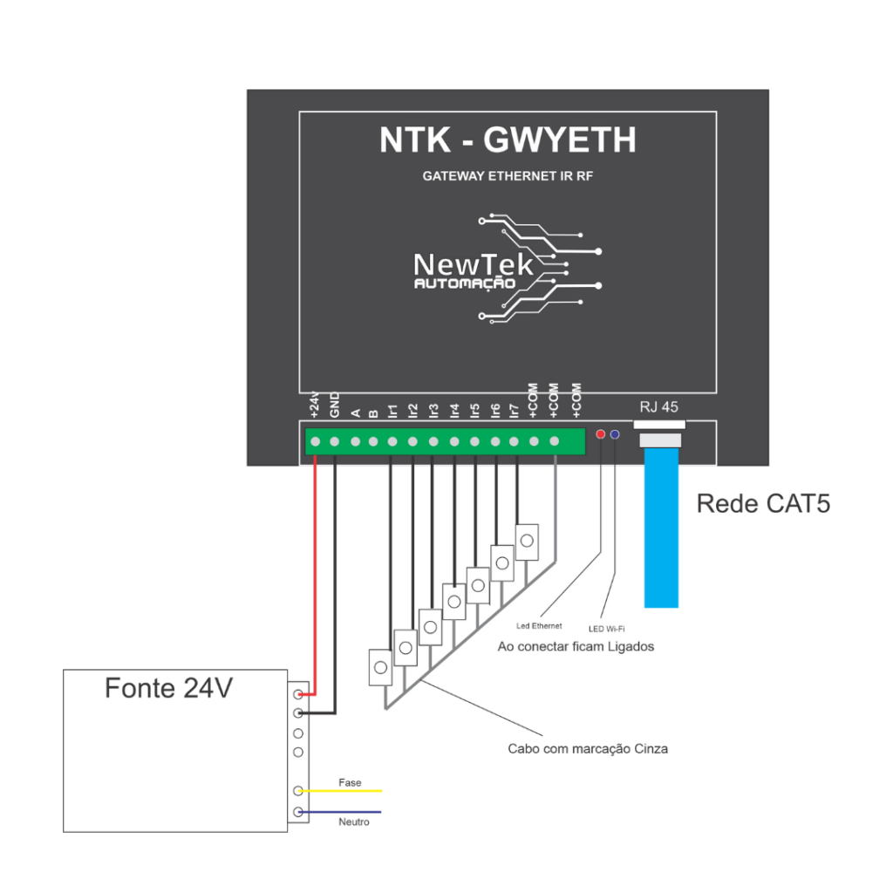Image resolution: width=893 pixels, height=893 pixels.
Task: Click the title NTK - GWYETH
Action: coord(508,140)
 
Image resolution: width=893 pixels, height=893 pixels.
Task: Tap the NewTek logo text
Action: coord(473,264)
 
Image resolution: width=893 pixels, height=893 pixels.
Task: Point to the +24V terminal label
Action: coord(315,406)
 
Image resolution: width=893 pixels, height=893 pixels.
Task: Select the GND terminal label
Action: coord(335,407)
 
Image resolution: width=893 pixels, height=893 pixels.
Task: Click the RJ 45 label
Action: coord(658,407)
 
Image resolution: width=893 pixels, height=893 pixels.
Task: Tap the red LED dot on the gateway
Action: coord(600,433)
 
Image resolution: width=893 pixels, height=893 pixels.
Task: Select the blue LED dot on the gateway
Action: coord(615,433)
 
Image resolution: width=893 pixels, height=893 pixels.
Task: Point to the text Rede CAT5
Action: coord(763,504)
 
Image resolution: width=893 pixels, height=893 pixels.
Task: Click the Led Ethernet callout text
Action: coord(540,626)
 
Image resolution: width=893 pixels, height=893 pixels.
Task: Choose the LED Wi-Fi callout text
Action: coord(607,628)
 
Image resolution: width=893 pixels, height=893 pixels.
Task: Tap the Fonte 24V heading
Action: coord(168,688)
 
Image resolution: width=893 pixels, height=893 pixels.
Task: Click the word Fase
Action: coord(350,783)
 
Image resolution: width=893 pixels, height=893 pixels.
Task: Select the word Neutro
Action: coord(354,822)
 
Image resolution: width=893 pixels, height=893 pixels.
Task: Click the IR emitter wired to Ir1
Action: coord(380,668)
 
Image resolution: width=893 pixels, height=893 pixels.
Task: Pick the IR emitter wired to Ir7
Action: coord(527,542)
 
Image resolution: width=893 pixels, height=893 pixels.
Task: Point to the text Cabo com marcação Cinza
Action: coord(588,749)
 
